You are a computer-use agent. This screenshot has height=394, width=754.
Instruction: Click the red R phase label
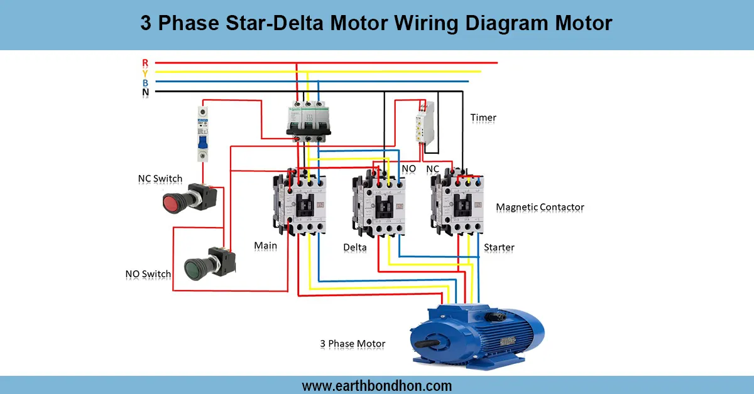click(145, 63)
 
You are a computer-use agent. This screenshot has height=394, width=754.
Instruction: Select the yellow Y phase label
click(145, 73)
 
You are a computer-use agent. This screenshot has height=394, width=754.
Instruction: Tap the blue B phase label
click(145, 83)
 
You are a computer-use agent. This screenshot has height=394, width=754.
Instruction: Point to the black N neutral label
click(145, 93)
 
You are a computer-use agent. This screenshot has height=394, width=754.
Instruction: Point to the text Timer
click(483, 118)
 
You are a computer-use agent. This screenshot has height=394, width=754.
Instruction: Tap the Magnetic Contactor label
click(540, 207)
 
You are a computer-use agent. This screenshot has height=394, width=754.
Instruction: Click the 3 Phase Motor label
click(352, 344)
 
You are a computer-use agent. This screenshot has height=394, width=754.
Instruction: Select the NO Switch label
click(148, 274)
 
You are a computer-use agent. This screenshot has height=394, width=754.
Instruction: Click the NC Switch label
click(160, 179)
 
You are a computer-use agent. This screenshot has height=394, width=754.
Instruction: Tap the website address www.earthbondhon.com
click(376, 385)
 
